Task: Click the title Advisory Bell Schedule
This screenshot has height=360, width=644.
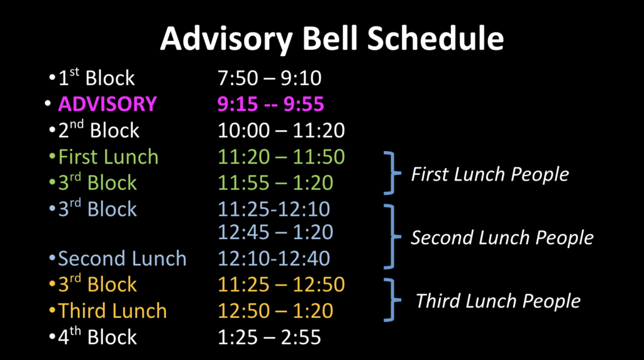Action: pyautogui.click(x=331, y=39)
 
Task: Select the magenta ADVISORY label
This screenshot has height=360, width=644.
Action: pyautogui.click(x=107, y=104)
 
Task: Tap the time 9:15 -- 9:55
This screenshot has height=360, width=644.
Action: pyautogui.click(x=271, y=104)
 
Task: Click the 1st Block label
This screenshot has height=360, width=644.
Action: pyautogui.click(x=96, y=78)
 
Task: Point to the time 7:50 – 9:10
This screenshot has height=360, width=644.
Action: pyautogui.click(x=269, y=78)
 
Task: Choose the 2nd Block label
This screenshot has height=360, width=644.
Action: pyautogui.click(x=99, y=130)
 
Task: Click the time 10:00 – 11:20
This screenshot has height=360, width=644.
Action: pyautogui.click(x=281, y=130)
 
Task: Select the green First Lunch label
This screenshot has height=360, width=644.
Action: pyautogui.click(x=108, y=156)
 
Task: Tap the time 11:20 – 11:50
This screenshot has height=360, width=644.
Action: pyautogui.click(x=281, y=156)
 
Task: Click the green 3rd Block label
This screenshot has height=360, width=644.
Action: pyautogui.click(x=97, y=183)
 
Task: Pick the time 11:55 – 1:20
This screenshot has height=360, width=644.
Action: pyautogui.click(x=275, y=183)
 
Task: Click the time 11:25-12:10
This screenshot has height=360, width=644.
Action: pyautogui.click(x=274, y=208)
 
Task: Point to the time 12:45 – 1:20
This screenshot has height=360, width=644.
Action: pyautogui.click(x=275, y=232)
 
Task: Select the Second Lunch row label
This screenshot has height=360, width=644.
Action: pyautogui.click(x=122, y=259)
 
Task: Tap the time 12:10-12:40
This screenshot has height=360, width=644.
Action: pyautogui.click(x=274, y=259)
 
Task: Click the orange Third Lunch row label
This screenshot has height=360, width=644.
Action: pyautogui.click(x=113, y=310)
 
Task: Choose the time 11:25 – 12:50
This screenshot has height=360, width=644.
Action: pyautogui.click(x=281, y=284)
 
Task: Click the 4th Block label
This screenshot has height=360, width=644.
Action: pyautogui.click(x=97, y=337)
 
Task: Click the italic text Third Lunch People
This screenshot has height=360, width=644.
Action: pyautogui.click(x=498, y=301)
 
